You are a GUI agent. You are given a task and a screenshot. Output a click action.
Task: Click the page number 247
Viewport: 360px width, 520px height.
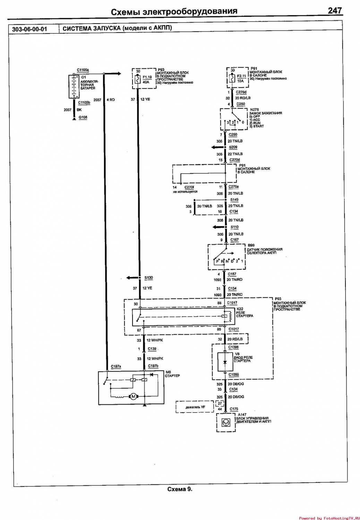pos(335,11)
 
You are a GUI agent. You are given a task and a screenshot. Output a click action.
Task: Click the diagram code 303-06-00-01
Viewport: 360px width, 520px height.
pos(29,29)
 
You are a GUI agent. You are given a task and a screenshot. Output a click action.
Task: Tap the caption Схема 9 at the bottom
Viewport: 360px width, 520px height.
pos(180,489)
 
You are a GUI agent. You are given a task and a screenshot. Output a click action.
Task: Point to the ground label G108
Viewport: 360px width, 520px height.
pos(83,117)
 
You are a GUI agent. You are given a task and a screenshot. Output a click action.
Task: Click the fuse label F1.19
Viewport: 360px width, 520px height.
pos(147,77)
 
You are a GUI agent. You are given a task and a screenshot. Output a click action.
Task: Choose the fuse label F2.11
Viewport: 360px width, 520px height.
pos(241,76)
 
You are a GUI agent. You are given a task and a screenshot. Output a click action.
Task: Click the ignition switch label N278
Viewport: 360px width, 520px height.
pos(254,110)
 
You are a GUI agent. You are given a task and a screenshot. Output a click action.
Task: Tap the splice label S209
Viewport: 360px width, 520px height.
pos(233,147)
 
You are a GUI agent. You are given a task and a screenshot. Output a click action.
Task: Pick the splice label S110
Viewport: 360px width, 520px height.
pos(234,227)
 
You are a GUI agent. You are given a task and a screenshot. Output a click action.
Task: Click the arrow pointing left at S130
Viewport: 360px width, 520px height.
pos(132,278)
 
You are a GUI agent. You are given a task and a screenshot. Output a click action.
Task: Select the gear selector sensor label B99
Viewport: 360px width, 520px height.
pos(251,245)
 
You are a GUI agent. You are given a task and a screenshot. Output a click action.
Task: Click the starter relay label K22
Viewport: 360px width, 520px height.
pos(240,309)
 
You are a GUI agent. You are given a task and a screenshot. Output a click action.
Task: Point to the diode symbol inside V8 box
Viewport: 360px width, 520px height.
pos(225,362)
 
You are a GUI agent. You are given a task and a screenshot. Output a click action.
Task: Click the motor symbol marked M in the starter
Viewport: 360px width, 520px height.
pos(133,397)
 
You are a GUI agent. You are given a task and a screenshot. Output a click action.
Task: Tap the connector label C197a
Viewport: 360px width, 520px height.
pos(116,366)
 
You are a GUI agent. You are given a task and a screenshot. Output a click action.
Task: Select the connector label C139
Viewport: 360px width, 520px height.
pos(152,349)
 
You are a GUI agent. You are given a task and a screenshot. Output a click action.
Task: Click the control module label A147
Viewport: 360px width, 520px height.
pos(242,415)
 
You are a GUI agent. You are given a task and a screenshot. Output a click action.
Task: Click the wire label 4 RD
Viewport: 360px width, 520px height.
pos(111,100)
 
